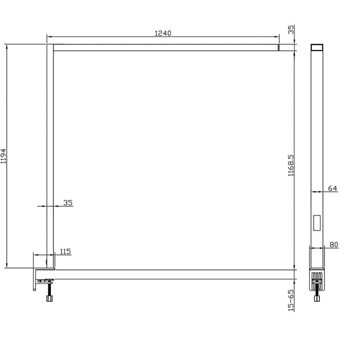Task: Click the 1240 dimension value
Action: (163, 33)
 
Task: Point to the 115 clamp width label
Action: (65, 251)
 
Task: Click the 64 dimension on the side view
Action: (332, 188)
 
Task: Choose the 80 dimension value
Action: (333, 245)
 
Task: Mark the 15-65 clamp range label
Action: (291, 301)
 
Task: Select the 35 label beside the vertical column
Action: (67, 203)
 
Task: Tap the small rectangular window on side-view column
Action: (317, 222)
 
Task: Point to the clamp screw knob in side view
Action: (317, 298)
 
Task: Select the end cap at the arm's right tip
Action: (278, 48)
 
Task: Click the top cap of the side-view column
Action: (317, 47)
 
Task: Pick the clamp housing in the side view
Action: (317, 279)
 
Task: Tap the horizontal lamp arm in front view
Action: (165, 48)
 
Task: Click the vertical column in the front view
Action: (50, 154)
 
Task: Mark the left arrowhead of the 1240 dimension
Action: (49, 37)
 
